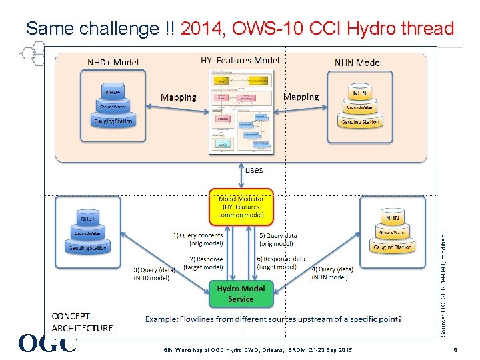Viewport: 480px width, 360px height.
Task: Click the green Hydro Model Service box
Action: tap(241, 294)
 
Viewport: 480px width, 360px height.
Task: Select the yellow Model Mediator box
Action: tap(241, 206)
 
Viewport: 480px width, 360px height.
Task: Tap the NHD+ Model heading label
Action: tap(113, 63)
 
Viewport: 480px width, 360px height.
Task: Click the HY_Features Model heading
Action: tap(240, 60)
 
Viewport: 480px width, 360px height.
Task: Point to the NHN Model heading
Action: tap(358, 63)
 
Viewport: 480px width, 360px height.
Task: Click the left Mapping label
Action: tap(179, 97)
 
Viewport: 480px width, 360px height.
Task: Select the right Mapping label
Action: tap(301, 97)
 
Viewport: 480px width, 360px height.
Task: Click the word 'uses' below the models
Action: tap(254, 170)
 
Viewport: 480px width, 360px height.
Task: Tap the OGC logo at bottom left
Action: tap(47, 343)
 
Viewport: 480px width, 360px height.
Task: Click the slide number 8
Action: tap(454, 349)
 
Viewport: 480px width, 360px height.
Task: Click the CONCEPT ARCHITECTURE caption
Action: tap(82, 322)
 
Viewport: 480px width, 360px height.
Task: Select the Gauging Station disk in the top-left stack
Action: tap(113, 121)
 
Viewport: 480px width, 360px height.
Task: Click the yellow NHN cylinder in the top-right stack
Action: tap(359, 93)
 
